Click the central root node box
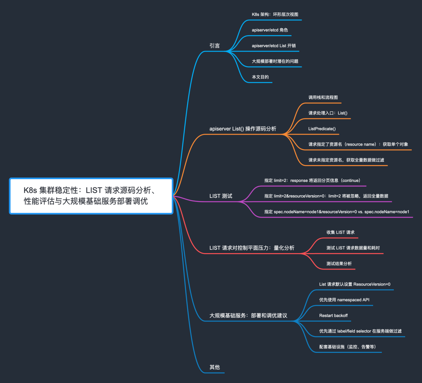pyautogui.click(x=91, y=196)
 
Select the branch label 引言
pyautogui.click(x=215, y=46)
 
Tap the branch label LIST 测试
pyautogui.click(x=221, y=196)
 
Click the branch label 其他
pyautogui.click(x=215, y=367)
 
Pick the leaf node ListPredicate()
pyautogui.click(x=322, y=128)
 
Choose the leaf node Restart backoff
pyautogui.click(x=333, y=315)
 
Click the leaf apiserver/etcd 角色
pyautogui.click(x=270, y=30)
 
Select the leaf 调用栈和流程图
pyautogui.click(x=323, y=97)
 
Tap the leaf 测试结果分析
pyautogui.click(x=339, y=264)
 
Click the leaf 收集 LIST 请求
pyautogui.click(x=340, y=232)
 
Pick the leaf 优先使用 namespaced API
pyautogui.click(x=344, y=300)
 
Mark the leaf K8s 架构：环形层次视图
pyautogui.click(x=275, y=14)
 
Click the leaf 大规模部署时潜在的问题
pyautogui.click(x=275, y=61)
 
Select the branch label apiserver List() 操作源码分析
pyautogui.click(x=243, y=129)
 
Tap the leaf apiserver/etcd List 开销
pyautogui.click(x=274, y=46)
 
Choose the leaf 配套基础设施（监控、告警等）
pyautogui.click(x=348, y=347)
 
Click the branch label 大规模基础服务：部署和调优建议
pyautogui.click(x=249, y=315)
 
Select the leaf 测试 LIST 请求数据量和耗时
pyautogui.click(x=353, y=248)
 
